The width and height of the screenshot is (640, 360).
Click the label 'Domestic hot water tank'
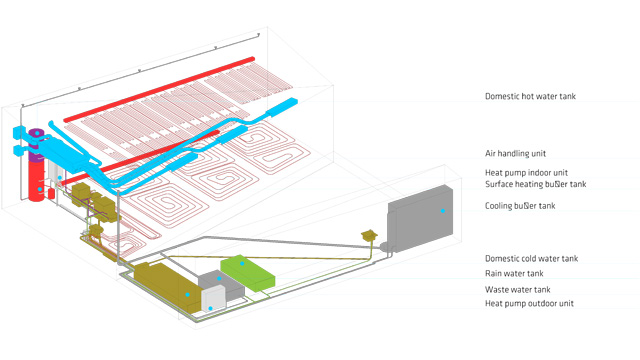(x=530, y=97)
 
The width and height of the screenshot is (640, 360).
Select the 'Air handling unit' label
(x=515, y=154)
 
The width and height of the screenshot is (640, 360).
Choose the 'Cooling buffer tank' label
(x=519, y=206)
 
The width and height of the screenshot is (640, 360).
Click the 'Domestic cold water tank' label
(x=531, y=259)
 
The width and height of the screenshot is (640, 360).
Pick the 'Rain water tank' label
(x=514, y=274)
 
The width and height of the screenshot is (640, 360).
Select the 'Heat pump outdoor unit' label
(x=529, y=303)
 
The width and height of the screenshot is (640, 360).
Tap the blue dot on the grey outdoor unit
(x=441, y=211)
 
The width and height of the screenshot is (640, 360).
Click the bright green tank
(x=246, y=272)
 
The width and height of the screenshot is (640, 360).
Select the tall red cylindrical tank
(x=38, y=185)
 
